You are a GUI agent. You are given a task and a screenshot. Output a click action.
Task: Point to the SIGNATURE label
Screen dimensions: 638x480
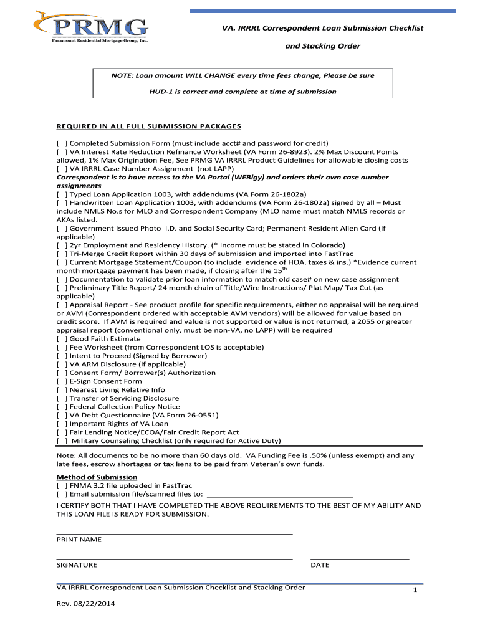[77, 565]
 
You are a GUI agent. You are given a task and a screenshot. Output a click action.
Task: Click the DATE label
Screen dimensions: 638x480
[320, 565]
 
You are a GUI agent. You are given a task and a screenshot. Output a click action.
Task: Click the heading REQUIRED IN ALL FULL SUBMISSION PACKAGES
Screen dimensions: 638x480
[144, 126]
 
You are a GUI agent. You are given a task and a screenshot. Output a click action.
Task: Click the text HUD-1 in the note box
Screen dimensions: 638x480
[161, 92]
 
